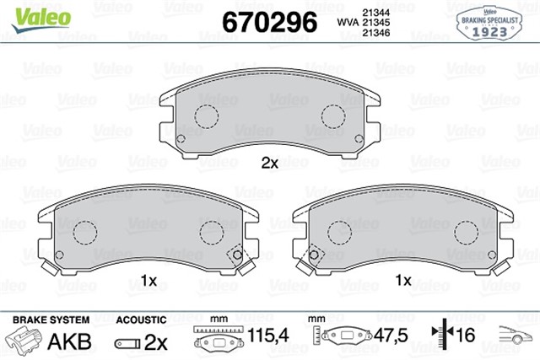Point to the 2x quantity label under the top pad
pos(269,163)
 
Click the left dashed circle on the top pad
pos(206,116)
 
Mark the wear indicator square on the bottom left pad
pos(235,253)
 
